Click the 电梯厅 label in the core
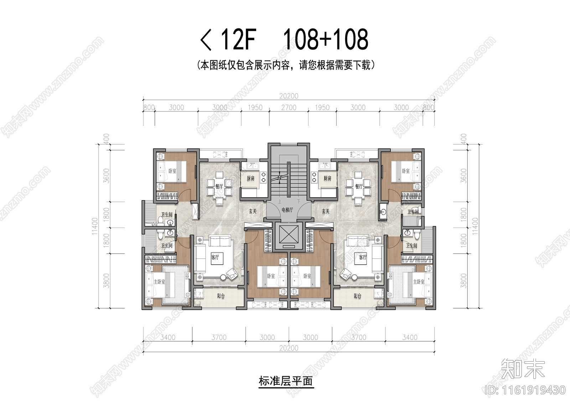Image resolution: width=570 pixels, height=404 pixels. pos(287,210)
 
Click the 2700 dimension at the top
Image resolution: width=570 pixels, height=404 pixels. pos(289,107)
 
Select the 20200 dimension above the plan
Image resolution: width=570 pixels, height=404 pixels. pos(289,96)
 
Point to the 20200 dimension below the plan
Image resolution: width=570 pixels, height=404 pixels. pos(289,348)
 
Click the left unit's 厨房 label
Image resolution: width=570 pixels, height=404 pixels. pos(250,179)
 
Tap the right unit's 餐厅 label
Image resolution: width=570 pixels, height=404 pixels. pos(359,186)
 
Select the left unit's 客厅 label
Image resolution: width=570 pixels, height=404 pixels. pos(215,257)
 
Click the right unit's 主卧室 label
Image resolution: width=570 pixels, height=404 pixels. pos(419,282)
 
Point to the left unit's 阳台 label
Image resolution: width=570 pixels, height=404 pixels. pos(221,296)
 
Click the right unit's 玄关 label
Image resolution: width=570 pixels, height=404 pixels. pos(326,211)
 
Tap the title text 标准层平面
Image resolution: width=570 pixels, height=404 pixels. pos(286,382)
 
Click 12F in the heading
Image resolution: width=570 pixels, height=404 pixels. pos(238,40)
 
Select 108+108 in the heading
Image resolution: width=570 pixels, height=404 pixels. pos(326,40)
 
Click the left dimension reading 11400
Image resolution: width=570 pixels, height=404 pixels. pos(95,226)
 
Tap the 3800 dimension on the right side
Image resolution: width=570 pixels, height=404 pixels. pos(463,280)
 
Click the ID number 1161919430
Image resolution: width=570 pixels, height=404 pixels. pos(525,390)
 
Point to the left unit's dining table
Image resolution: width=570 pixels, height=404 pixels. pos(219,186)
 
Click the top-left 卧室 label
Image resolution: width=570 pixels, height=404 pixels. pos(172,171)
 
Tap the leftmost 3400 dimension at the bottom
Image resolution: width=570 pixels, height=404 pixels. pos(167,337)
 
